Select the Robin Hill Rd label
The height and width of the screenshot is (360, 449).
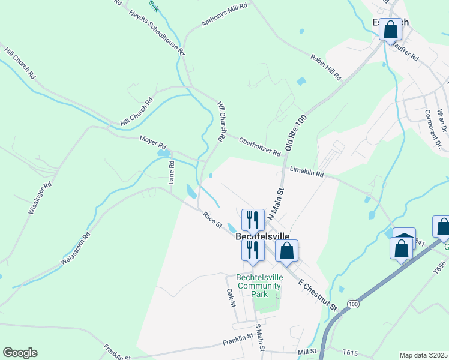326,67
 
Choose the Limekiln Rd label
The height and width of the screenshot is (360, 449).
306,172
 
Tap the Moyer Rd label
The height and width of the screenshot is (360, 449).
152,142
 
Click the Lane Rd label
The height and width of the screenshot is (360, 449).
171,172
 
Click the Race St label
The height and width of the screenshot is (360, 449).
212,220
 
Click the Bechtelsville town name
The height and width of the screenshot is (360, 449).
267,237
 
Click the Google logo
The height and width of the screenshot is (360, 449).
20,353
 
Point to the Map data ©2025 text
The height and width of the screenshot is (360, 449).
423,355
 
